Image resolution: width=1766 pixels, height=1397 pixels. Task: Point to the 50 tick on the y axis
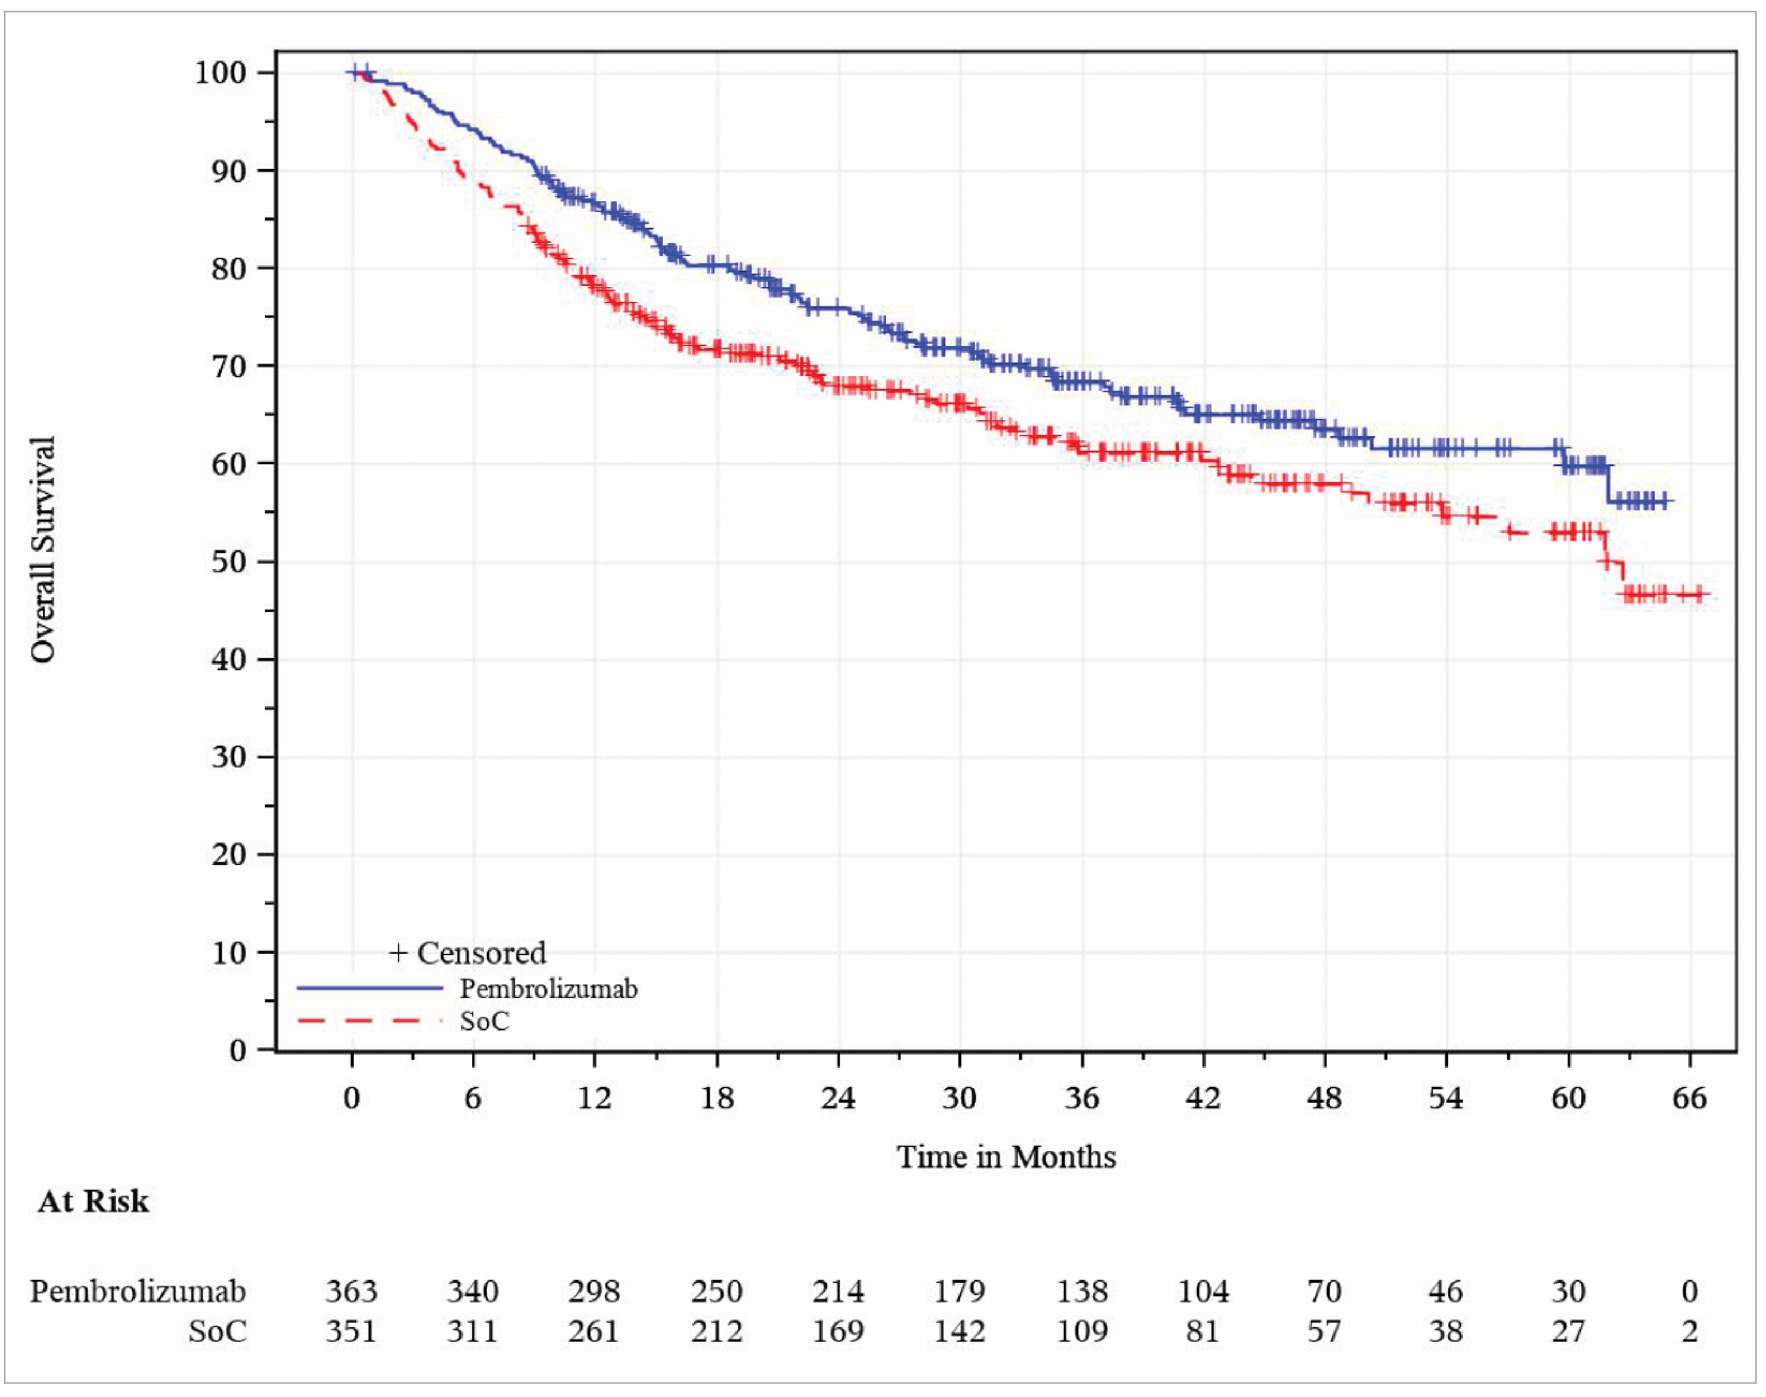tap(228, 562)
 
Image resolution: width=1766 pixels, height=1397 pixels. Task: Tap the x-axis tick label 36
tap(1081, 1097)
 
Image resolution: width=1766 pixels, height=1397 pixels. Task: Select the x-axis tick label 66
tap(1689, 1097)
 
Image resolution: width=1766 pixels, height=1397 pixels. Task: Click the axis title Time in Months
tap(1006, 1156)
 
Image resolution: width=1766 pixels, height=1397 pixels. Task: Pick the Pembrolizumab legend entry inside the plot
tap(548, 989)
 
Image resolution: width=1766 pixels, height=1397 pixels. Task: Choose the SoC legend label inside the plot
tap(484, 1021)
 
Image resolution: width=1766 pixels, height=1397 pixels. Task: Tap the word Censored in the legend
tap(481, 953)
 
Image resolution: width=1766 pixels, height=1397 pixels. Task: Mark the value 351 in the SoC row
tap(351, 1331)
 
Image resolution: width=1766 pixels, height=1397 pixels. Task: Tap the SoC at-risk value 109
tap(1081, 1331)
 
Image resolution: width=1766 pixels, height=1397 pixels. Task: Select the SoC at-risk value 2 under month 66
tap(1689, 1331)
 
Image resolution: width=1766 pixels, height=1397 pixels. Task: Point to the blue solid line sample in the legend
tap(369, 989)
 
